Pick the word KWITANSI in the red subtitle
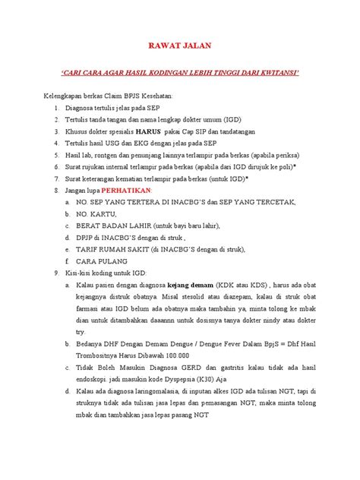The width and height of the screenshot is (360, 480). pos(278,73)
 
